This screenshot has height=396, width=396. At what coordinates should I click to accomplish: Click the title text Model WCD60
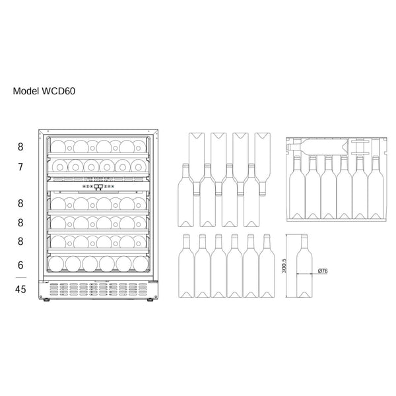coord(44,91)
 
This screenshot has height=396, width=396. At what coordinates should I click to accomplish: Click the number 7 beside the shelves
coord(20,167)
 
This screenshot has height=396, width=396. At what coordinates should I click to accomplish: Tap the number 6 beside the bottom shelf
coord(20,265)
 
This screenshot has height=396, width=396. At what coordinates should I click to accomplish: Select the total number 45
coord(20,290)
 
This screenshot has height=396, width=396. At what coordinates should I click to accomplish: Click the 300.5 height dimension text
coord(284,266)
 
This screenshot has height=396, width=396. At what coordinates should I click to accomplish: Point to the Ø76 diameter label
coord(323,271)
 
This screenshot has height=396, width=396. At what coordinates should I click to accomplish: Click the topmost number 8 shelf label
coord(20,147)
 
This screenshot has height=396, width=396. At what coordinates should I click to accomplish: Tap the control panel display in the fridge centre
coord(98,187)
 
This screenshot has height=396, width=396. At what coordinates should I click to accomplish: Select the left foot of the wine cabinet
coord(46,300)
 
